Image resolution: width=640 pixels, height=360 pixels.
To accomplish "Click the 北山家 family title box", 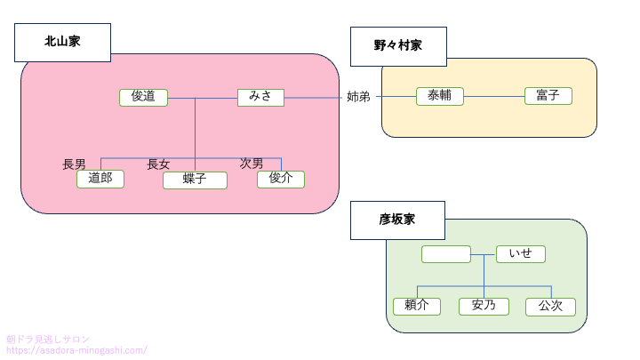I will pos(62,42).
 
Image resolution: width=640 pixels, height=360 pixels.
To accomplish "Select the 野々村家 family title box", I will pos(398,46).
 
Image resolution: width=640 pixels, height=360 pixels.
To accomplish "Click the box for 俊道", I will pos(143,97).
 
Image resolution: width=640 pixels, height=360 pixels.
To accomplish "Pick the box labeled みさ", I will pos(260,97).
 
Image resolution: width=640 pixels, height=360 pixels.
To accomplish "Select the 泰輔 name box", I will pos(440,96).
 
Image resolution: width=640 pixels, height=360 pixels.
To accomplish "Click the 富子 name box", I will pos(548,96).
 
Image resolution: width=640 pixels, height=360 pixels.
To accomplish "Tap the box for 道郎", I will pos(100,179).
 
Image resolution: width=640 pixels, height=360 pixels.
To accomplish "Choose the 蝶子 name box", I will pos(195,180).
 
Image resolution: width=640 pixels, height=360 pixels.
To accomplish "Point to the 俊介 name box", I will pos(281,179).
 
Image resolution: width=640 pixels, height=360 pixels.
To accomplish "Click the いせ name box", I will pos(520,254).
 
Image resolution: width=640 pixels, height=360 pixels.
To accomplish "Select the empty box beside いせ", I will pos(446,254).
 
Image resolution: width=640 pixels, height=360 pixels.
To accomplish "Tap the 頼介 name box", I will pos(417,306).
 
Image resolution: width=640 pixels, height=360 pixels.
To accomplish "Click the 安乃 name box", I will pos(484,306).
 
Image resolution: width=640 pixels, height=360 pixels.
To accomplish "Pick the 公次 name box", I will pos(550,307).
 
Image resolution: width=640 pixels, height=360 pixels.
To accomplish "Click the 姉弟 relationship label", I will pos(358,97).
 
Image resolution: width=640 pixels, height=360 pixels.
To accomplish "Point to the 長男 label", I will pos(74,164).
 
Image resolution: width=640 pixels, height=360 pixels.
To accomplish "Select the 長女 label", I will pos(158,164).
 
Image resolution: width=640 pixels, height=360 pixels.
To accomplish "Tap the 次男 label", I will pos(252,164).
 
